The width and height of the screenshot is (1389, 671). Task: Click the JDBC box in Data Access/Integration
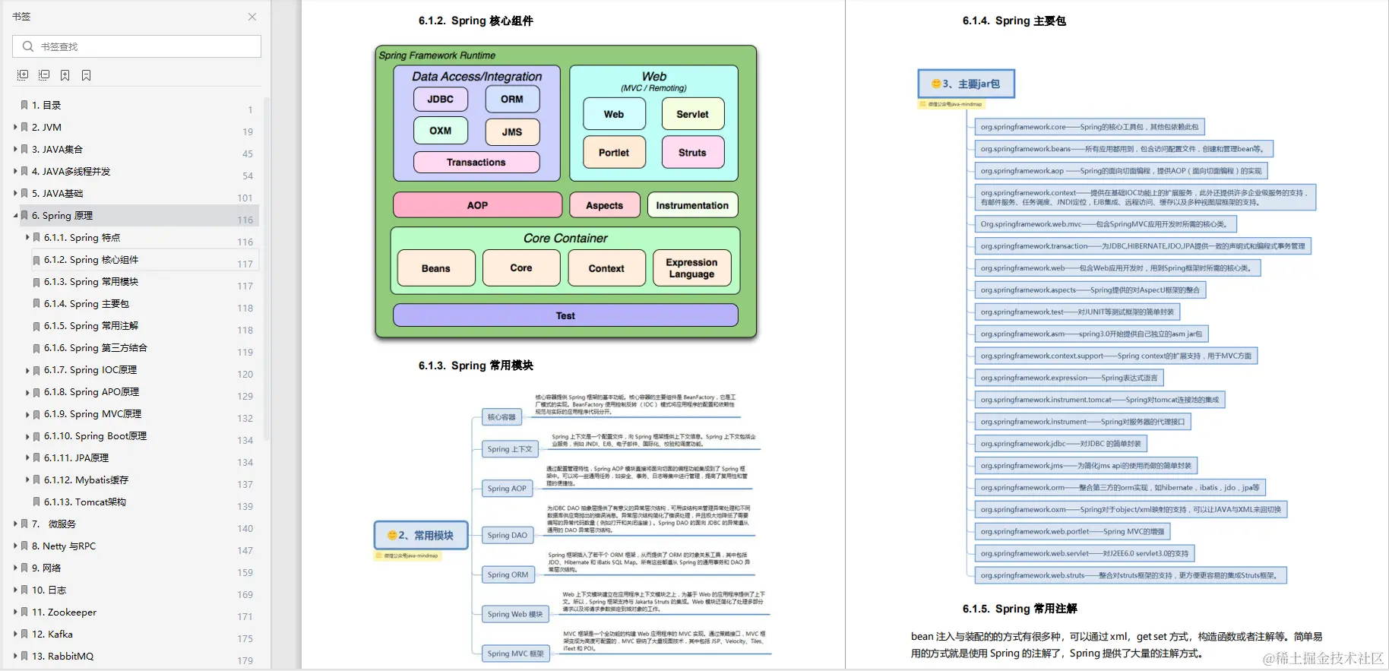tap(440, 99)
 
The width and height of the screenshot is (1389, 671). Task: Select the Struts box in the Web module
tap(691, 152)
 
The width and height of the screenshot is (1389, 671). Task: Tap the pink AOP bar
tap(477, 205)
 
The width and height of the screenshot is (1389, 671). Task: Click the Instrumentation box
tap(691, 205)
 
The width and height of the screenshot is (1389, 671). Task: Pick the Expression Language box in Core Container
tap(691, 268)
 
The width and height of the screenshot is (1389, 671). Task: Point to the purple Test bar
tap(565, 315)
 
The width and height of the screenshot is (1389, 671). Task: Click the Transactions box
tap(476, 162)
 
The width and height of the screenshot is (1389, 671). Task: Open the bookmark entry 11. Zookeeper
tap(64, 612)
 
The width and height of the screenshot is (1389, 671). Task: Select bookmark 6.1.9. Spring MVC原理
tap(92, 414)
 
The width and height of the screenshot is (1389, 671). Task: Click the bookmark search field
tap(137, 46)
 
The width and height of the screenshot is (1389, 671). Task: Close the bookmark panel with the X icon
tap(252, 17)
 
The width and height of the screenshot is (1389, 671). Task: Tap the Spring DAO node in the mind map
tap(507, 535)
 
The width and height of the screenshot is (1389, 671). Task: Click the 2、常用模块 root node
tap(421, 535)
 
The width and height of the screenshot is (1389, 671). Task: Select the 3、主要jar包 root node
tap(966, 84)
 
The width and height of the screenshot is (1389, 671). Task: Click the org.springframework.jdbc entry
tap(1060, 443)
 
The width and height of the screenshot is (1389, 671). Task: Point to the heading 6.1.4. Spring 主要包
tap(1014, 21)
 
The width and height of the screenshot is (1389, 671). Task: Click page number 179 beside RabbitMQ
tap(245, 660)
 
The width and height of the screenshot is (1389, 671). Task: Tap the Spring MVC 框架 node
tap(515, 654)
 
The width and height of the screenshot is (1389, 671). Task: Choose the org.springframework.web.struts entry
tap(1128, 575)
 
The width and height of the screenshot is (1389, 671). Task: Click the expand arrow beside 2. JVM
tap(15, 127)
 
